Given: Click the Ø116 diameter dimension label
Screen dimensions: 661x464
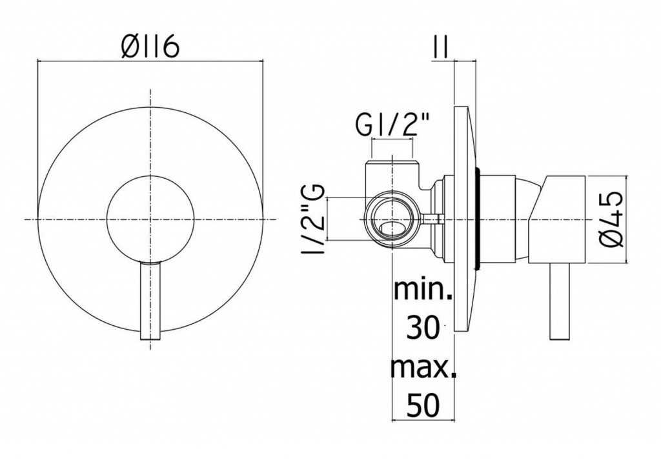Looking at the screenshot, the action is pos(150,46).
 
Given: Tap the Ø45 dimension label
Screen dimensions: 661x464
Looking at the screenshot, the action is pos(611,219).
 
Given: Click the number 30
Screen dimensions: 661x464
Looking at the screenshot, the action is pos(423,328).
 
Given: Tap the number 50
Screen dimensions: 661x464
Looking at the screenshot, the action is pos(423,405).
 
